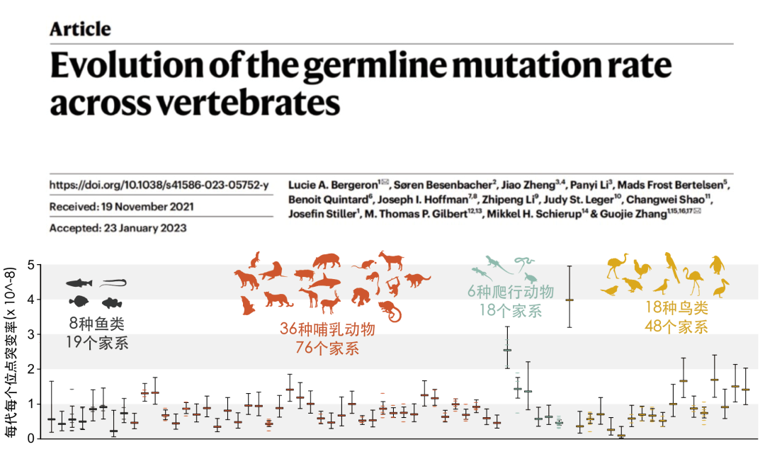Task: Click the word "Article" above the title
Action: (80, 29)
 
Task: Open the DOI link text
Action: (159, 185)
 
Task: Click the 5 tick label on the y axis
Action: (30, 265)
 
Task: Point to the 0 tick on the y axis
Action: (30, 438)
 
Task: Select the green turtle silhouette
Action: (531, 278)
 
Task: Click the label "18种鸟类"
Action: (676, 308)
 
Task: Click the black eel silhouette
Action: (114, 283)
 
